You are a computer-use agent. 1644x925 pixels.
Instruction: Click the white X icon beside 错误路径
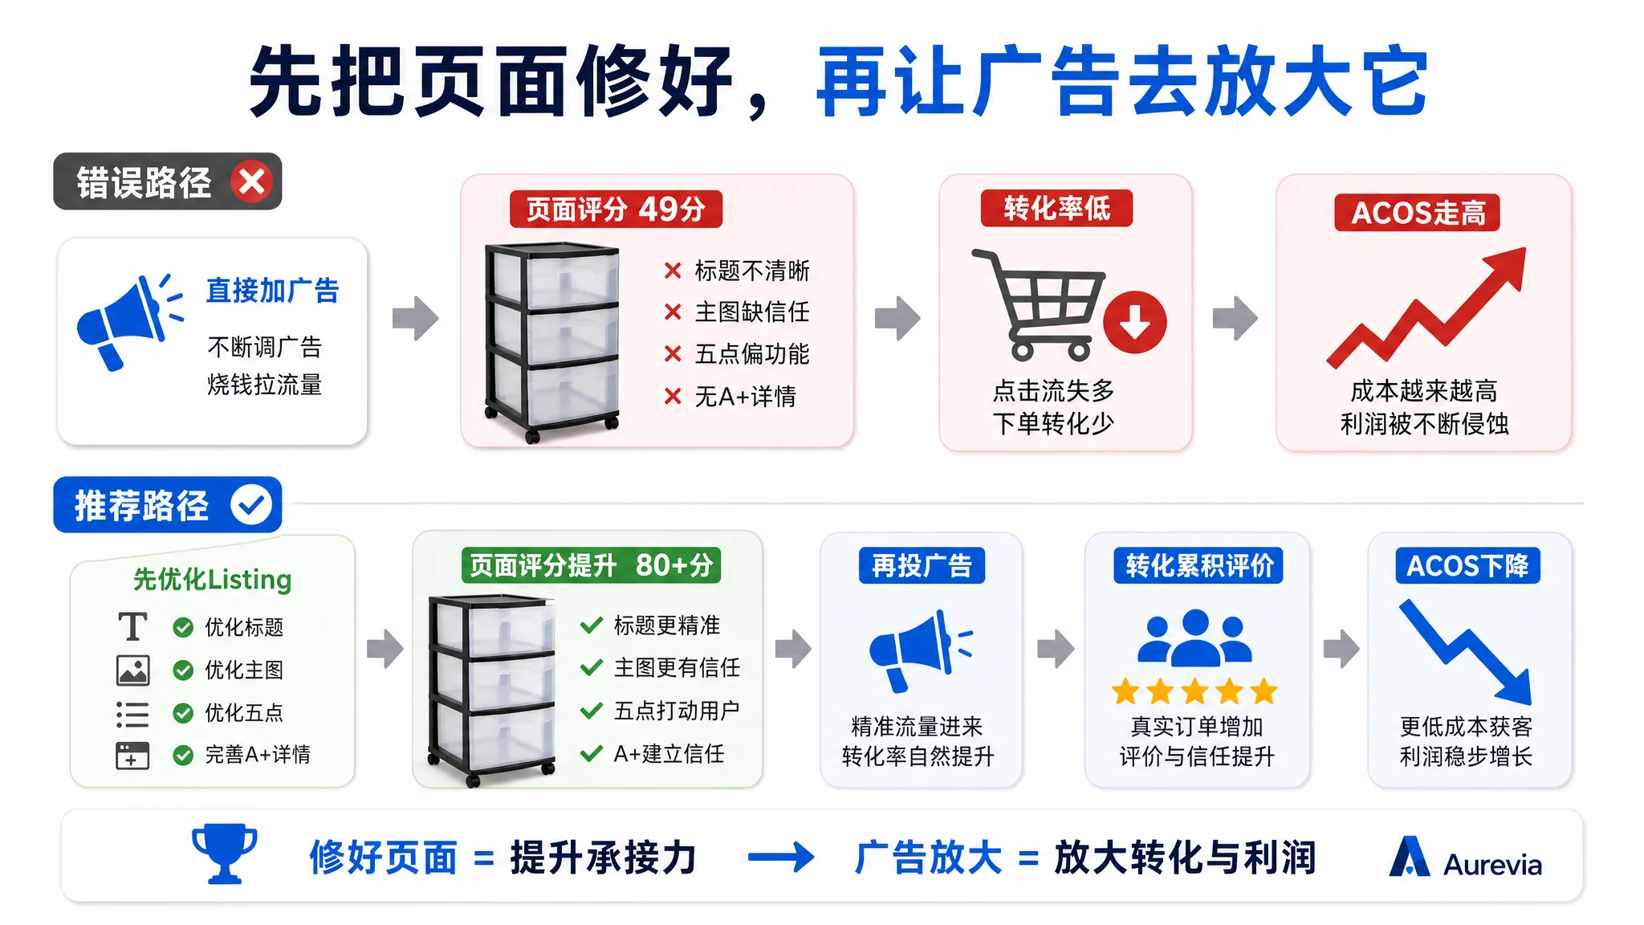252,182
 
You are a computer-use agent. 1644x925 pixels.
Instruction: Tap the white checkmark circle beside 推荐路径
251,505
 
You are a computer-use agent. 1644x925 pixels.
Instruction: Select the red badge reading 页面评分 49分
616,210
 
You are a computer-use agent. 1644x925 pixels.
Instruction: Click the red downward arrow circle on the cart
1135,322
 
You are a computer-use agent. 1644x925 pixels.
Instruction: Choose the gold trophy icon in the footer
225,854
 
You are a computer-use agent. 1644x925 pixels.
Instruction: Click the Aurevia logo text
1492,865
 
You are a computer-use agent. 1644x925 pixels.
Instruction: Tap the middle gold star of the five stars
1194,691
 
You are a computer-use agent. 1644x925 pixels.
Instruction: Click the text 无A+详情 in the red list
745,396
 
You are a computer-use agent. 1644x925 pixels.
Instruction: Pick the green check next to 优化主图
183,670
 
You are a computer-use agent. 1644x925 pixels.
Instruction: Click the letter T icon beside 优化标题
132,626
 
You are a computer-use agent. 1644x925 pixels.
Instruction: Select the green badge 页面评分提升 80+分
592,565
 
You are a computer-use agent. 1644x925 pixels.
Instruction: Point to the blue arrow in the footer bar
781,858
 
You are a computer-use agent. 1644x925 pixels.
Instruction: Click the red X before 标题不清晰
673,271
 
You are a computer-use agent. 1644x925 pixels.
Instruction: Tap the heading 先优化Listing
212,579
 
